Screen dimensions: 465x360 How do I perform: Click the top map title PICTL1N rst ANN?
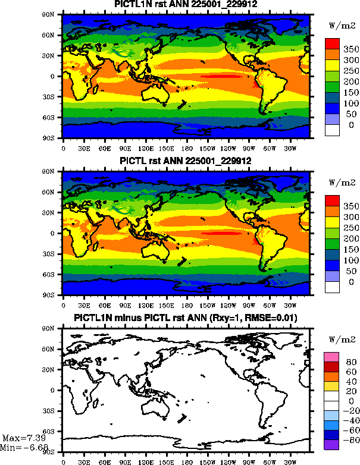point(185,5)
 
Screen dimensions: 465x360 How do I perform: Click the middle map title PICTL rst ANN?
point(185,162)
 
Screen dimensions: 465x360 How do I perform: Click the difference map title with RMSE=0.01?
point(185,319)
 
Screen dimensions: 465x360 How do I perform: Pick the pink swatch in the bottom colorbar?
point(331,356)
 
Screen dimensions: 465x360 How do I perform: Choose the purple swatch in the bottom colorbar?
point(331,444)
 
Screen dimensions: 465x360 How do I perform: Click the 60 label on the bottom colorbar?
point(350,372)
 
